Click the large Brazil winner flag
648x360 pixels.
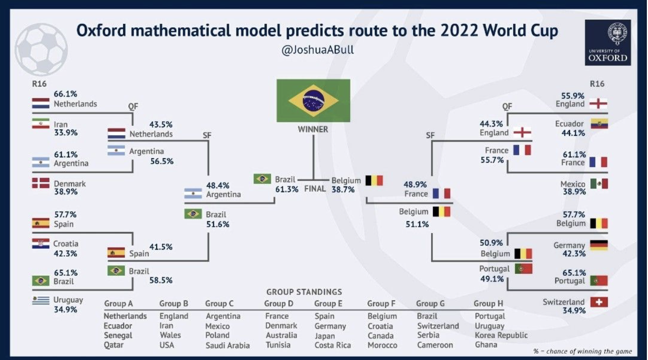point(313,100)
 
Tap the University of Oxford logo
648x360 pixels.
point(608,43)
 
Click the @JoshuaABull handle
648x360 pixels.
point(317,50)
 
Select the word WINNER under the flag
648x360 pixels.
point(313,129)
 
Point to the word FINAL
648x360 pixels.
point(315,189)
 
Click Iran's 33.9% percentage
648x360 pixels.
point(66,133)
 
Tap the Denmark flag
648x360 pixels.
point(41,183)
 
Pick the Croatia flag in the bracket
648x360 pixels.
point(41,244)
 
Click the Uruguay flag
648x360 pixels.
point(41,300)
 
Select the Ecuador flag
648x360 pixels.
point(599,124)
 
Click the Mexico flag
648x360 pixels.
point(599,184)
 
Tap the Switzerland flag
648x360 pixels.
point(599,302)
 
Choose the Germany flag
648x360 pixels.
point(599,245)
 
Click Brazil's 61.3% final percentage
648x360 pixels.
point(287,189)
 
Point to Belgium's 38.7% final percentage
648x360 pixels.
point(343,189)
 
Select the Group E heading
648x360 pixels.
point(328,304)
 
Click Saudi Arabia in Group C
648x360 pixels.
point(228,345)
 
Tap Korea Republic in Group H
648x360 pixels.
point(501,335)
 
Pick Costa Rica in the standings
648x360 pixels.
point(333,345)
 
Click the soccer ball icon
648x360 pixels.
point(41,50)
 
